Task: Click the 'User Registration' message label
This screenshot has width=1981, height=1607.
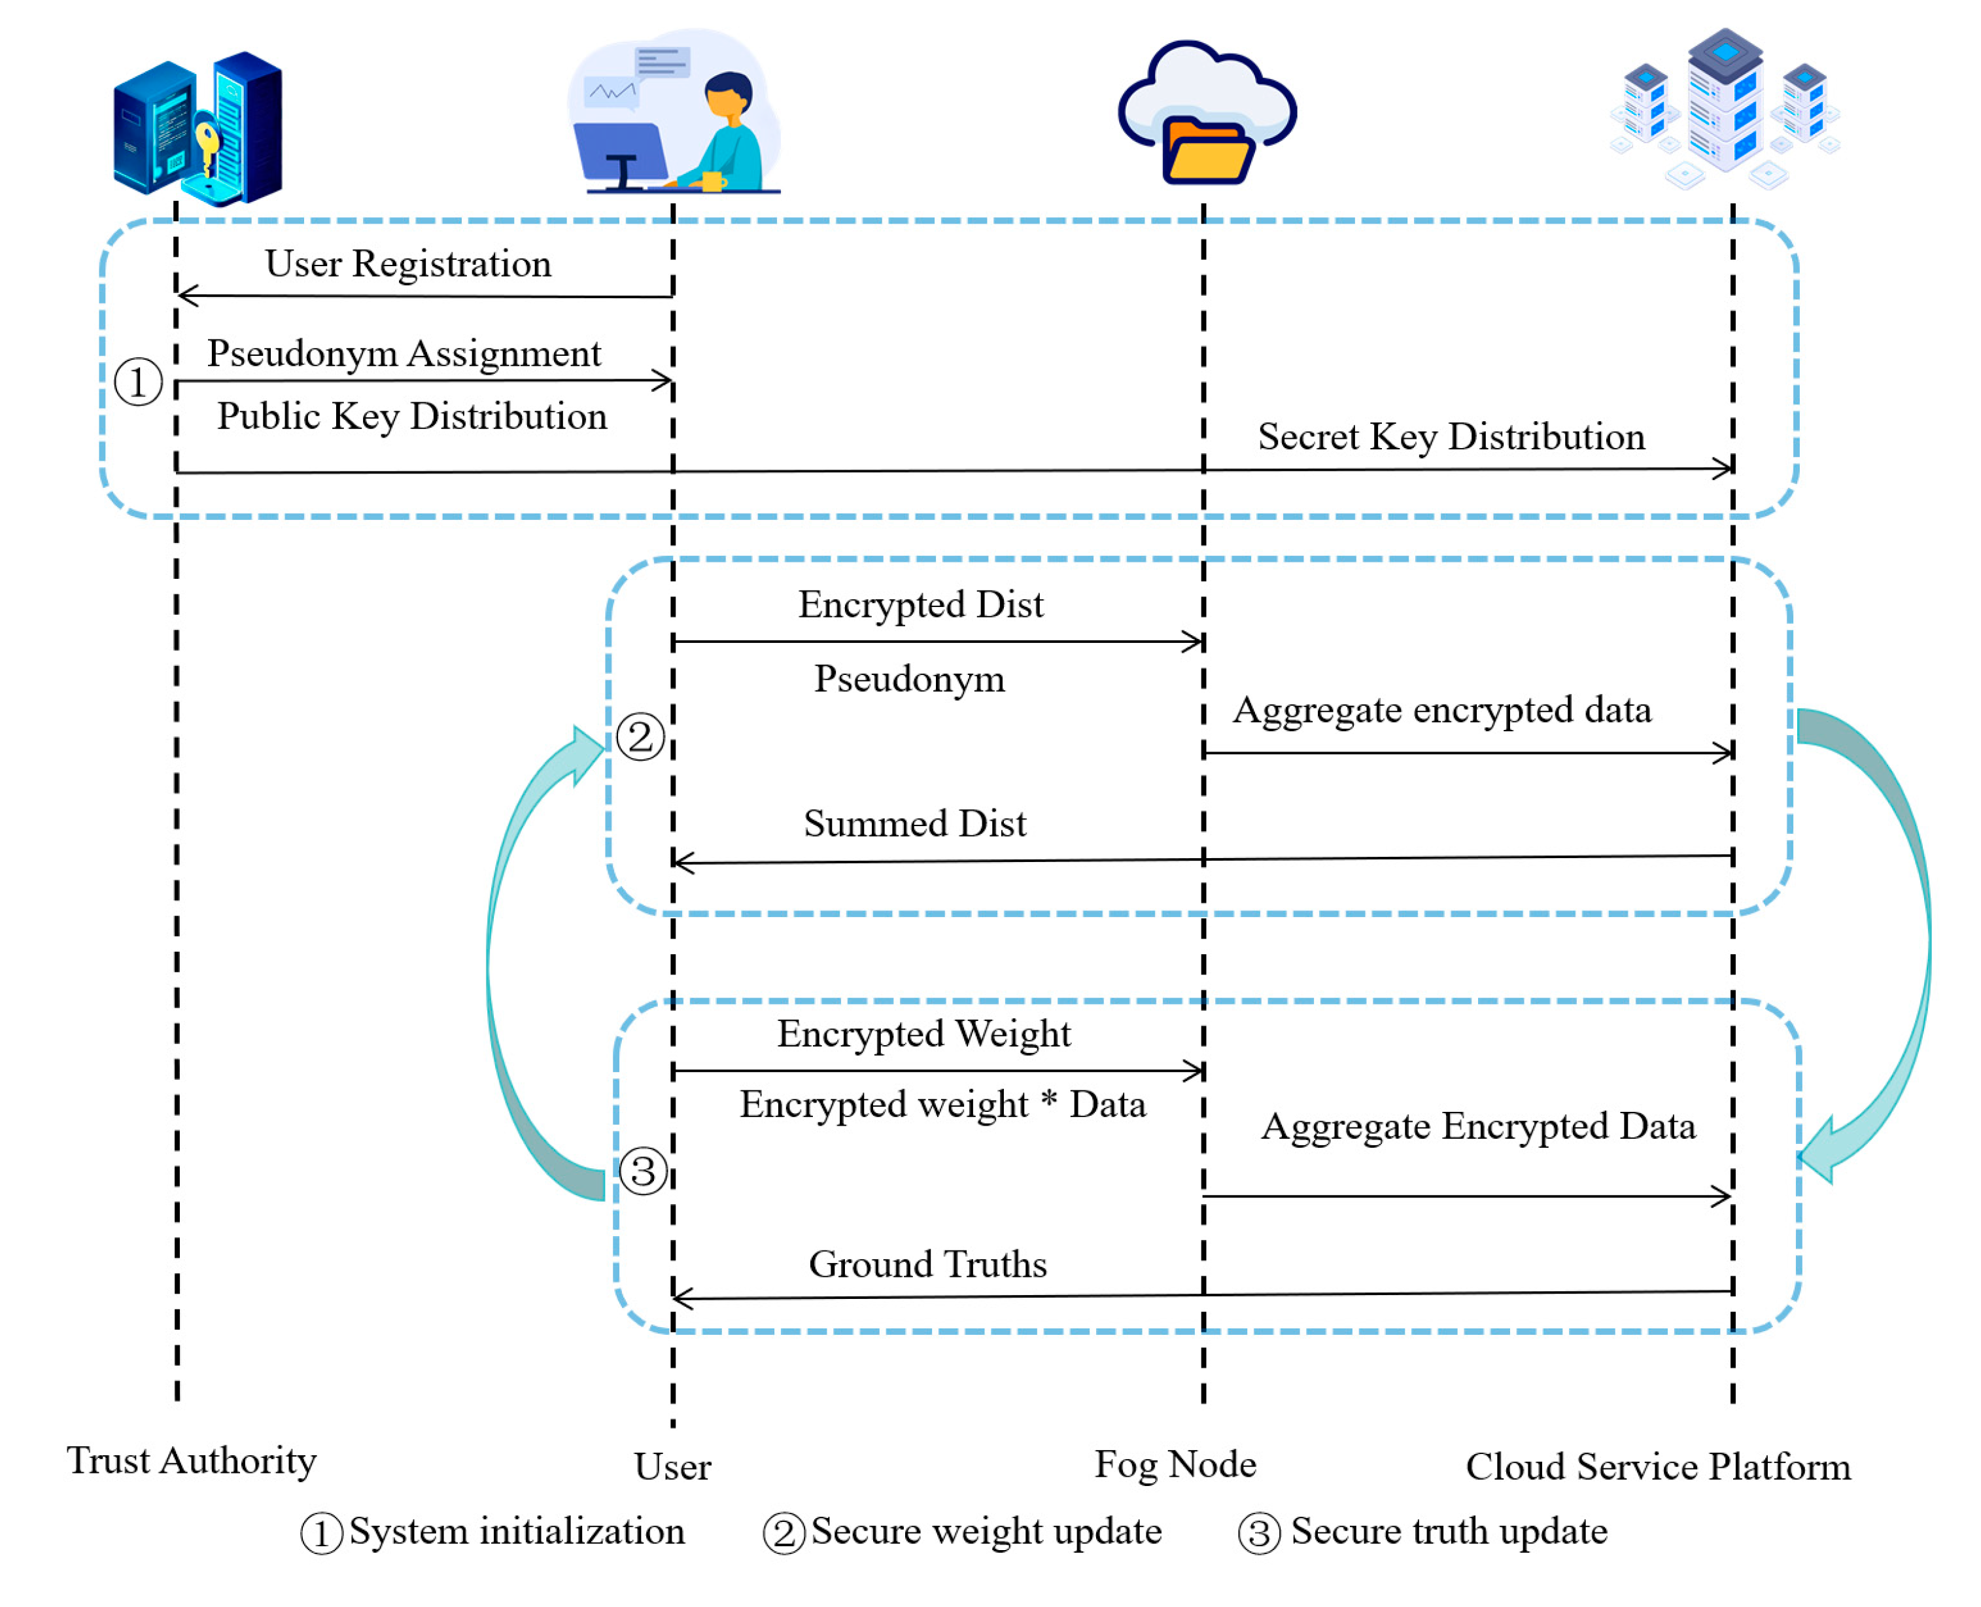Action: [407, 264]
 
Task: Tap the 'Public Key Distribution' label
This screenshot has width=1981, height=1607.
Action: [412, 417]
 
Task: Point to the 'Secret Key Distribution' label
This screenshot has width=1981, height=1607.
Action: [1451, 437]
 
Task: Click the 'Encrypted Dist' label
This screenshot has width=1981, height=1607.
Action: [920, 604]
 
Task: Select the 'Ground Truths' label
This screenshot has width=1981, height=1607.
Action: [927, 1264]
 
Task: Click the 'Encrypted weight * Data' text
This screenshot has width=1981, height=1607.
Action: [942, 1104]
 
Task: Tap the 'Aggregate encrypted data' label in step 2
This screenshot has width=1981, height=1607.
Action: [1441, 711]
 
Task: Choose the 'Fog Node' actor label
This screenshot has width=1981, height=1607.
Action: [1175, 1464]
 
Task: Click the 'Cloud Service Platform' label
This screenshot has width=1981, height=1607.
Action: [1658, 1467]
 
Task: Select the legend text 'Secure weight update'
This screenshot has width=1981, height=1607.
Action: [986, 1532]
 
